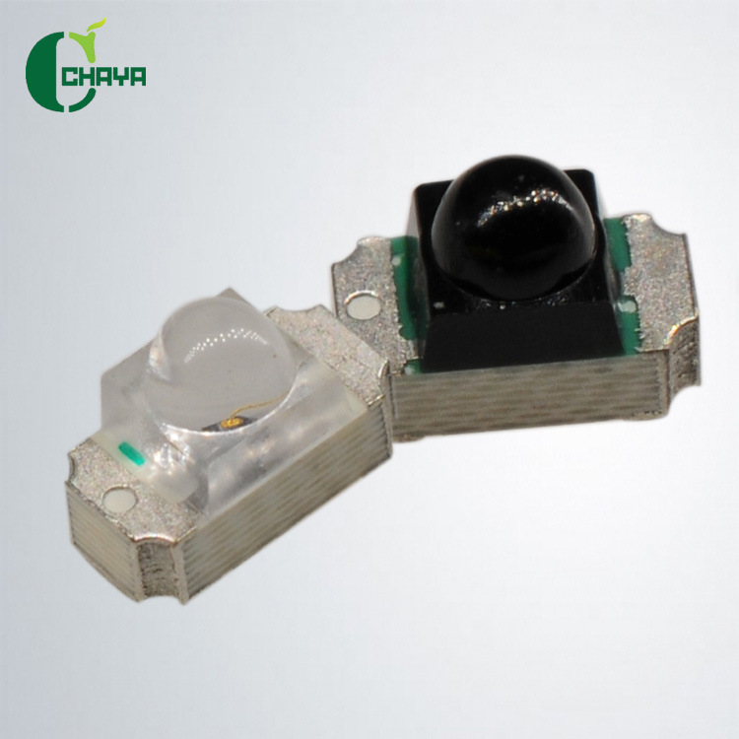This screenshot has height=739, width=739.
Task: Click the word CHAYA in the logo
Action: pos(103,77)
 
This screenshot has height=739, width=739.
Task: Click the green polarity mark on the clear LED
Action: pos(132,456)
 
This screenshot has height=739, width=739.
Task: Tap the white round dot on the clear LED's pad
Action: pos(119,499)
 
